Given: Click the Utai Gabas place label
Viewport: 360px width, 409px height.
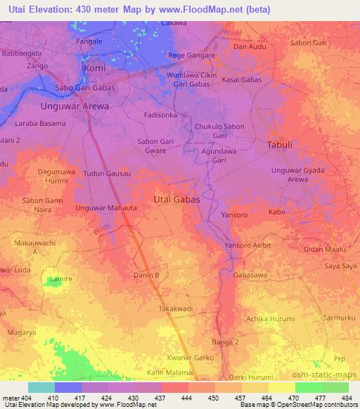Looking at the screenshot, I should tap(176, 200).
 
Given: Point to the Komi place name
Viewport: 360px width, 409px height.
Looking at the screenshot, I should tap(94, 69).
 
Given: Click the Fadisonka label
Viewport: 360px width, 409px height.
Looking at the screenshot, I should tap(162, 114).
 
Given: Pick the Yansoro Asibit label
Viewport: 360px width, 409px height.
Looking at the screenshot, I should tap(247, 245).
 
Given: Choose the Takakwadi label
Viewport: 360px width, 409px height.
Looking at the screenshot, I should tap(176, 308).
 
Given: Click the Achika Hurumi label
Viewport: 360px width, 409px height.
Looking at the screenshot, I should tap(271, 318).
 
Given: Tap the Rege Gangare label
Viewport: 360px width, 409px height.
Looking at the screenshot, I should tap(190, 56).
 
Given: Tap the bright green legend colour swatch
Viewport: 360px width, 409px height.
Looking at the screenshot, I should tap(308, 387).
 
